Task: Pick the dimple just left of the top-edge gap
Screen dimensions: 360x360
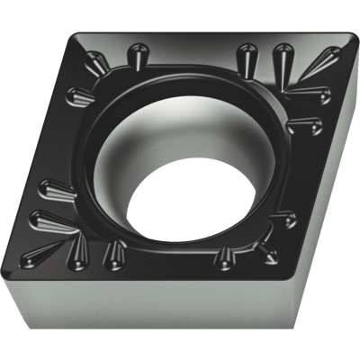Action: (139, 56)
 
